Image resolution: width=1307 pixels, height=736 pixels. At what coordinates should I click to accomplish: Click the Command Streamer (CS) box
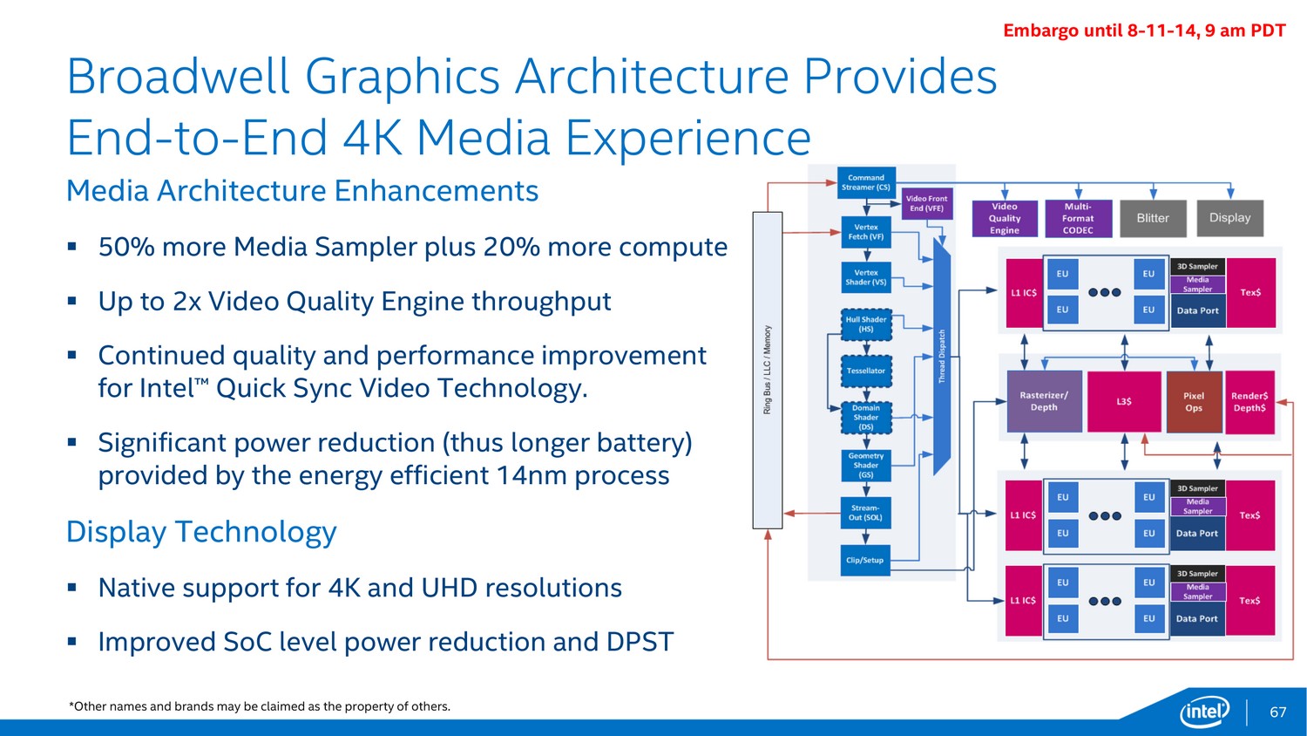click(x=866, y=182)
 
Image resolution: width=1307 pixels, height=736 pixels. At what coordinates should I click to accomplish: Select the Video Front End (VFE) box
click(x=926, y=203)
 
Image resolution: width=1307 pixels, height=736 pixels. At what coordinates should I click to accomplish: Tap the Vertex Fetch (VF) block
click(x=866, y=232)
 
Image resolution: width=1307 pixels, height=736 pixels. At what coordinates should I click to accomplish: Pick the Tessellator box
click(x=866, y=371)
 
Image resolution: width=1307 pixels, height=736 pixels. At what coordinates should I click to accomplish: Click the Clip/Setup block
click(x=865, y=560)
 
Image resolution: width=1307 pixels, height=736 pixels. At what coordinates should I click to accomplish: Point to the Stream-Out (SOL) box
click(x=866, y=513)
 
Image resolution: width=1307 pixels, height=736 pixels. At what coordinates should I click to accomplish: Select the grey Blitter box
click(x=1153, y=219)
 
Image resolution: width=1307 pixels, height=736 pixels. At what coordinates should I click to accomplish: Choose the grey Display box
click(x=1230, y=218)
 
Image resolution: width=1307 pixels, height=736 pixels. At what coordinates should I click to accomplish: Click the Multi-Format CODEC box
click(x=1079, y=219)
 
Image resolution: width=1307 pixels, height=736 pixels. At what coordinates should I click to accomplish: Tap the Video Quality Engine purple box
click(x=1005, y=219)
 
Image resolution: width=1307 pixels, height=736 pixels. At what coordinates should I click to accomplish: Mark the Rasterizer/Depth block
click(x=1045, y=401)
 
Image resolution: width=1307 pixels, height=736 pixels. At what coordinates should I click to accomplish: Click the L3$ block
click(x=1124, y=402)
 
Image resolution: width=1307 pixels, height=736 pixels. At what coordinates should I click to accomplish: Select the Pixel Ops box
click(x=1194, y=402)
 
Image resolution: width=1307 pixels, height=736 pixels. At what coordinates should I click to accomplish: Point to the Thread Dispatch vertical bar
click(x=942, y=357)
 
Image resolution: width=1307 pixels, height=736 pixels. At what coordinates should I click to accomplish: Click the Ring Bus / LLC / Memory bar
click(x=768, y=371)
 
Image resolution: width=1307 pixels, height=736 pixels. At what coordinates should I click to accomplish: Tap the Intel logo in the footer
click(x=1204, y=712)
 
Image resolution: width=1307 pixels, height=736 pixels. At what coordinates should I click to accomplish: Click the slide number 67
click(x=1278, y=712)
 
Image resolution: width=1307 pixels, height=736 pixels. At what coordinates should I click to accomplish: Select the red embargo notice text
click(x=1144, y=31)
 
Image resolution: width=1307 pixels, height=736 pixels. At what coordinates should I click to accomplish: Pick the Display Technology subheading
click(x=201, y=532)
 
